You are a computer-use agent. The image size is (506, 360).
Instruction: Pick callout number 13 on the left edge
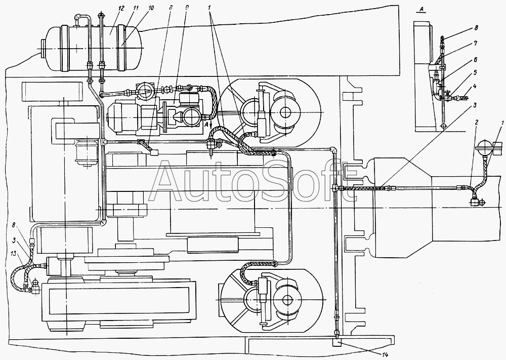click(x=14, y=254)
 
